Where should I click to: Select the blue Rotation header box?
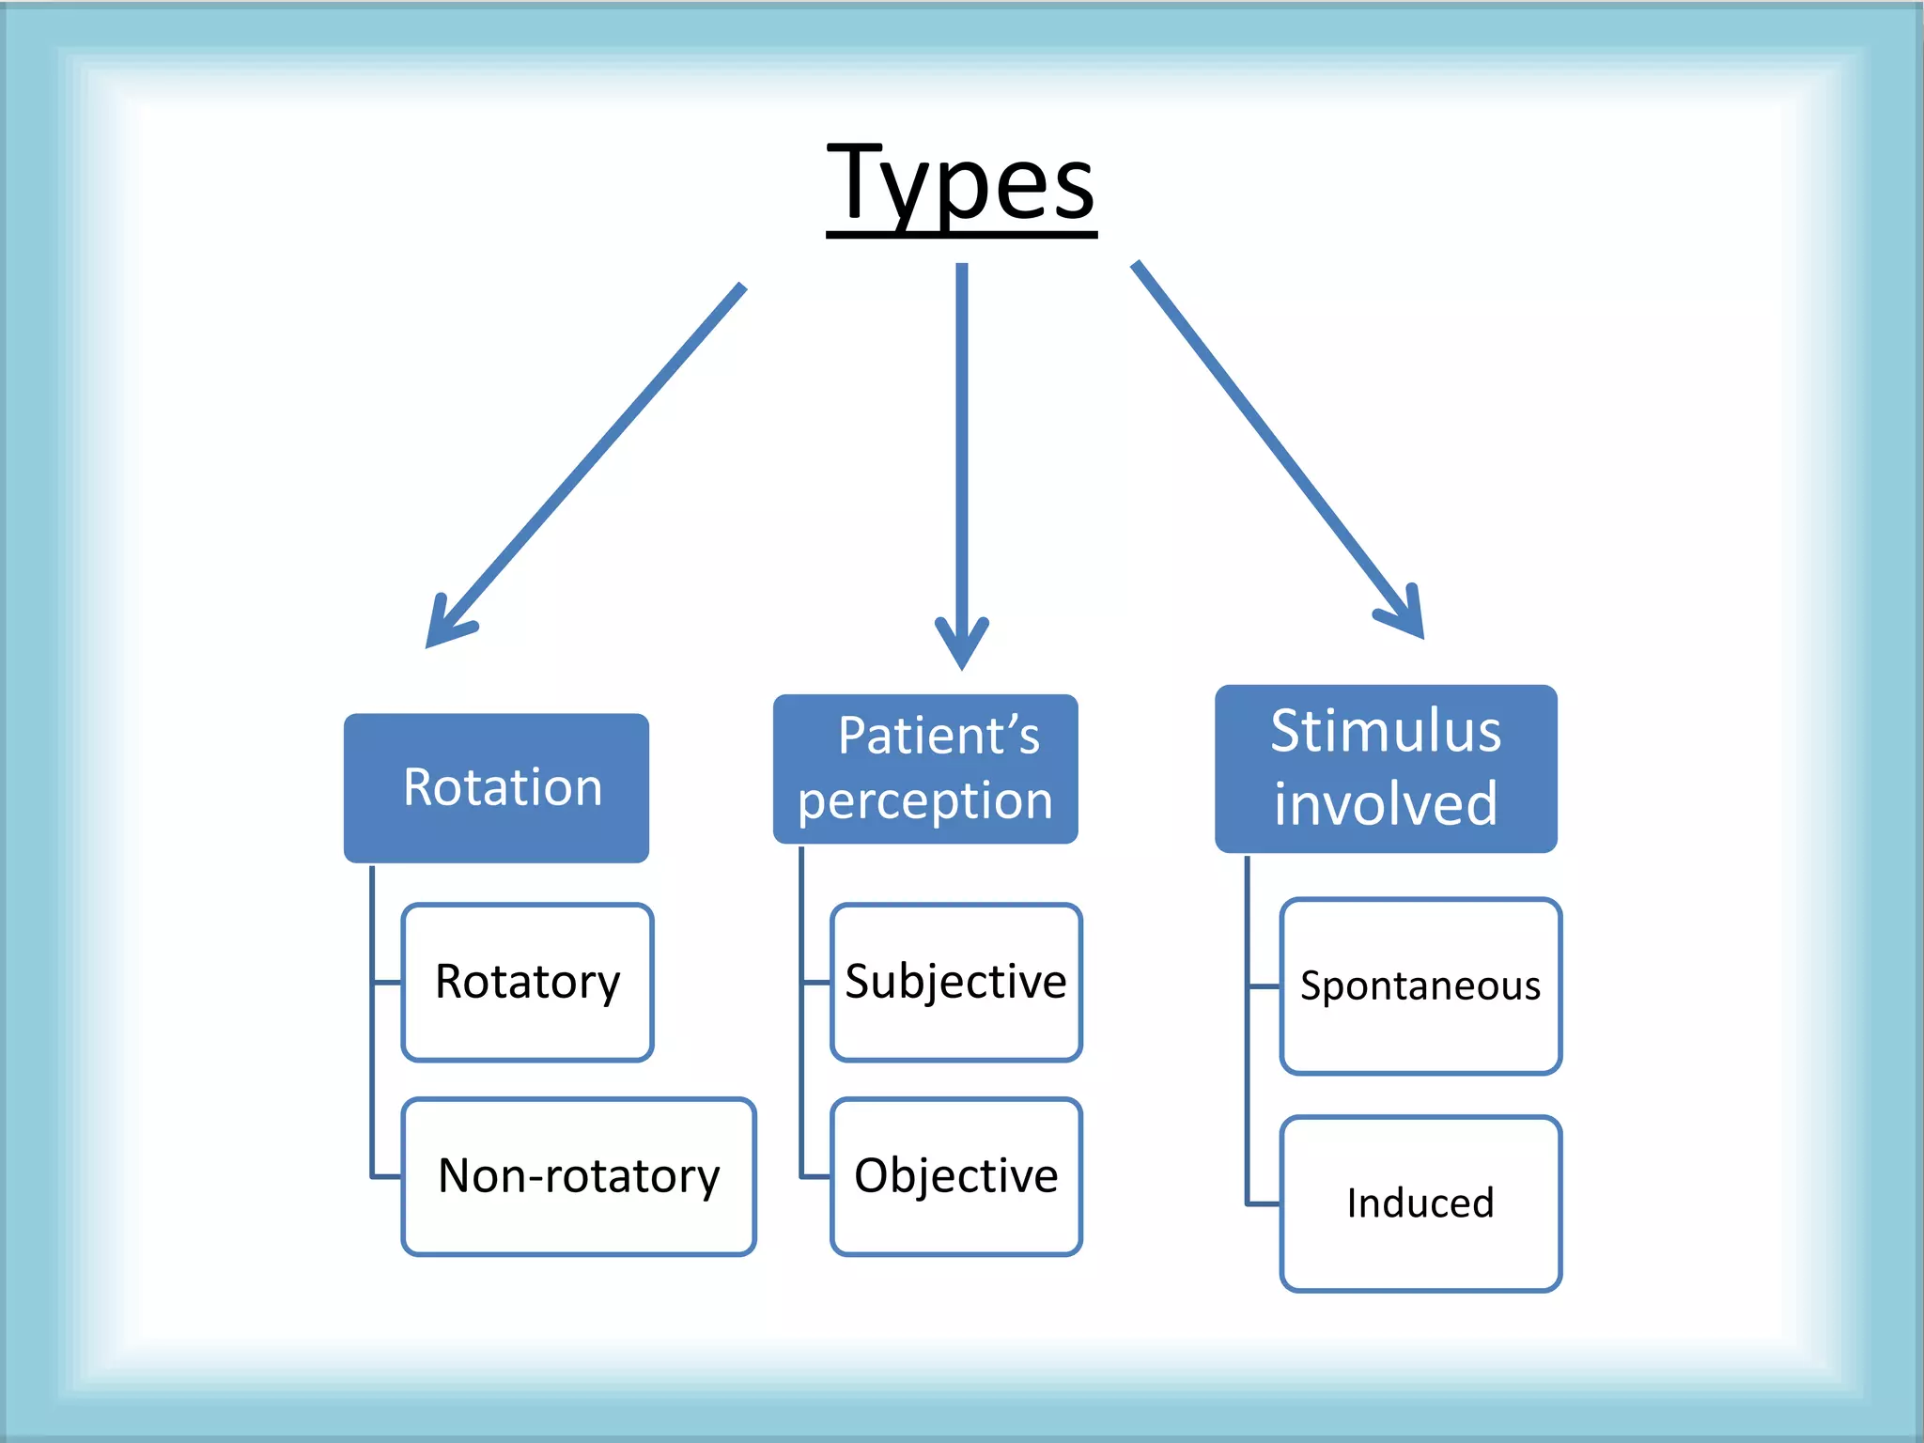[x=496, y=787]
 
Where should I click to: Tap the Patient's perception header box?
[x=925, y=768]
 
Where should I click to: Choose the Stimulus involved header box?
[x=1386, y=768]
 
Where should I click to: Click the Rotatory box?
[x=527, y=982]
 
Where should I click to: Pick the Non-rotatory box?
[x=579, y=1176]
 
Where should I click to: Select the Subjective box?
[x=956, y=982]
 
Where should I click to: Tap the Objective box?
[x=956, y=1176]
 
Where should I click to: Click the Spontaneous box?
[x=1420, y=985]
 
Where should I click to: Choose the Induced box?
[x=1420, y=1203]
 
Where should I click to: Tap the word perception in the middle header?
[x=925, y=801]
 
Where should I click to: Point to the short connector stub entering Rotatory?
[x=387, y=983]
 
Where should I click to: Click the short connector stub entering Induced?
[x=1263, y=1203]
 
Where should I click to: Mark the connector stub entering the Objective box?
[x=815, y=1176]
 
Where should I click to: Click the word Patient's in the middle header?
[x=939, y=735]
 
